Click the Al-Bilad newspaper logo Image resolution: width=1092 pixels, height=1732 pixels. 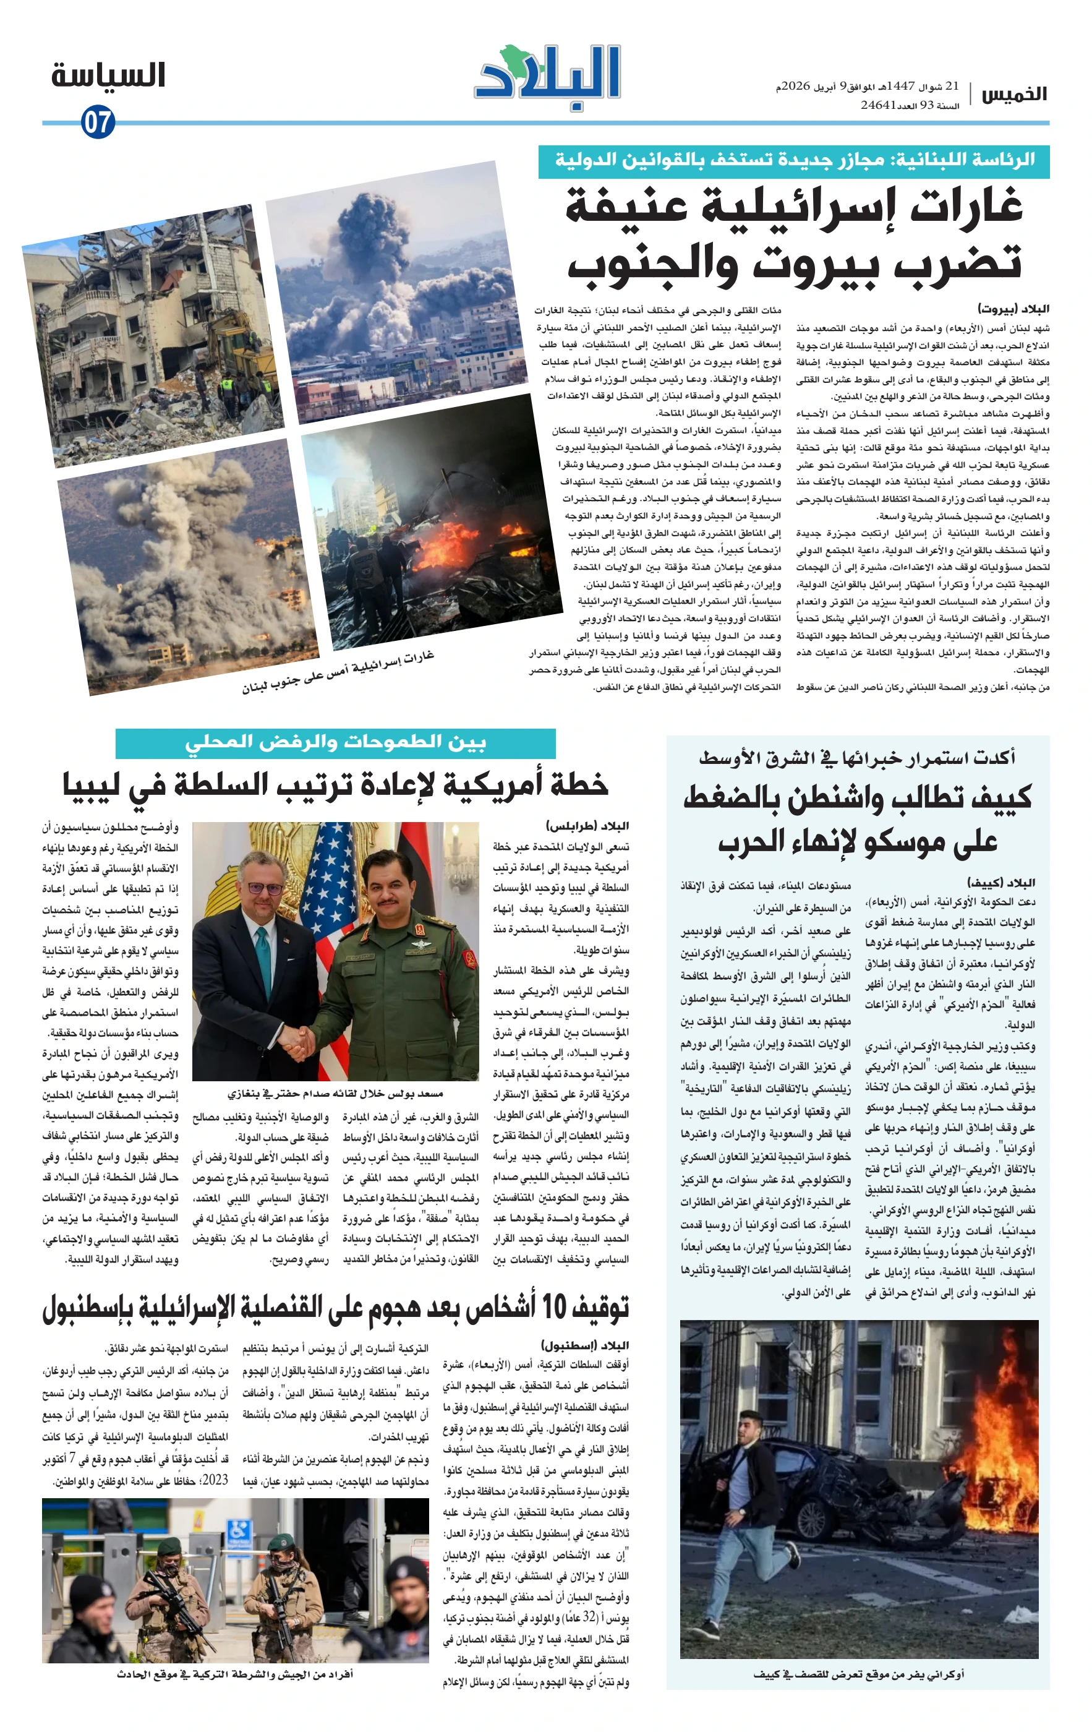coord(547,76)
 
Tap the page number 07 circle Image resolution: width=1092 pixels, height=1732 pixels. coord(98,122)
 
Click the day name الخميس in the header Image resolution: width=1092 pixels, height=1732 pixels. coord(1014,94)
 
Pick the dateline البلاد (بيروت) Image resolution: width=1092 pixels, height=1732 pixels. coord(1013,309)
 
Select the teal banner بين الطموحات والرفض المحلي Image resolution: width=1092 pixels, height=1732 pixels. coord(335,742)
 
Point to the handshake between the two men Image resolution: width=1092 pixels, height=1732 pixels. coord(300,1039)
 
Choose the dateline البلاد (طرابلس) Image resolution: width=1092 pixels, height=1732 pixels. coord(587,826)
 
